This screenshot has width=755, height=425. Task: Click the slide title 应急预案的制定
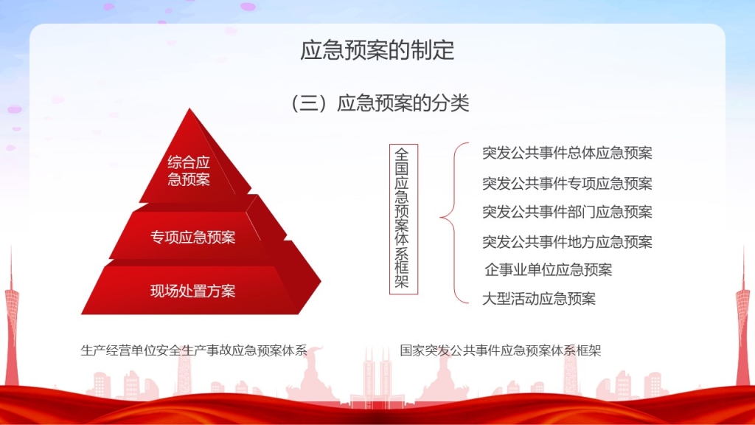[377, 50]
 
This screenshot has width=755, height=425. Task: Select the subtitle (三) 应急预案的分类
[380, 103]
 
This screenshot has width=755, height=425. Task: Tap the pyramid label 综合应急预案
[189, 171]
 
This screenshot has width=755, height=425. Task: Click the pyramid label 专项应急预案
[192, 238]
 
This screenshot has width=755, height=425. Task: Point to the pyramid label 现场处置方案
[192, 291]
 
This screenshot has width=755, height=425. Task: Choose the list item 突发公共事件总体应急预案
[567, 153]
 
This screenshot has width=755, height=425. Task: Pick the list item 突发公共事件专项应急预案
[567, 183]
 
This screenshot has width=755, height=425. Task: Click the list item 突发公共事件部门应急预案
[567, 212]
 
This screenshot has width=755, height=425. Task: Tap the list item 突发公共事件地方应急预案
[567, 241]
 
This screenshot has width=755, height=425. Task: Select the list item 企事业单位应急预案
[549, 270]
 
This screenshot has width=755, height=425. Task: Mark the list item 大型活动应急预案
[539, 299]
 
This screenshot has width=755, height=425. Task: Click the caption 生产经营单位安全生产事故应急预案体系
[194, 350]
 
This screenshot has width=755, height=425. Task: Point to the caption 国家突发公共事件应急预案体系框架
[501, 350]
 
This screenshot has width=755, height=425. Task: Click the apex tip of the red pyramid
[189, 108]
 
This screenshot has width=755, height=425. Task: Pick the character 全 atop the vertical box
[402, 154]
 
